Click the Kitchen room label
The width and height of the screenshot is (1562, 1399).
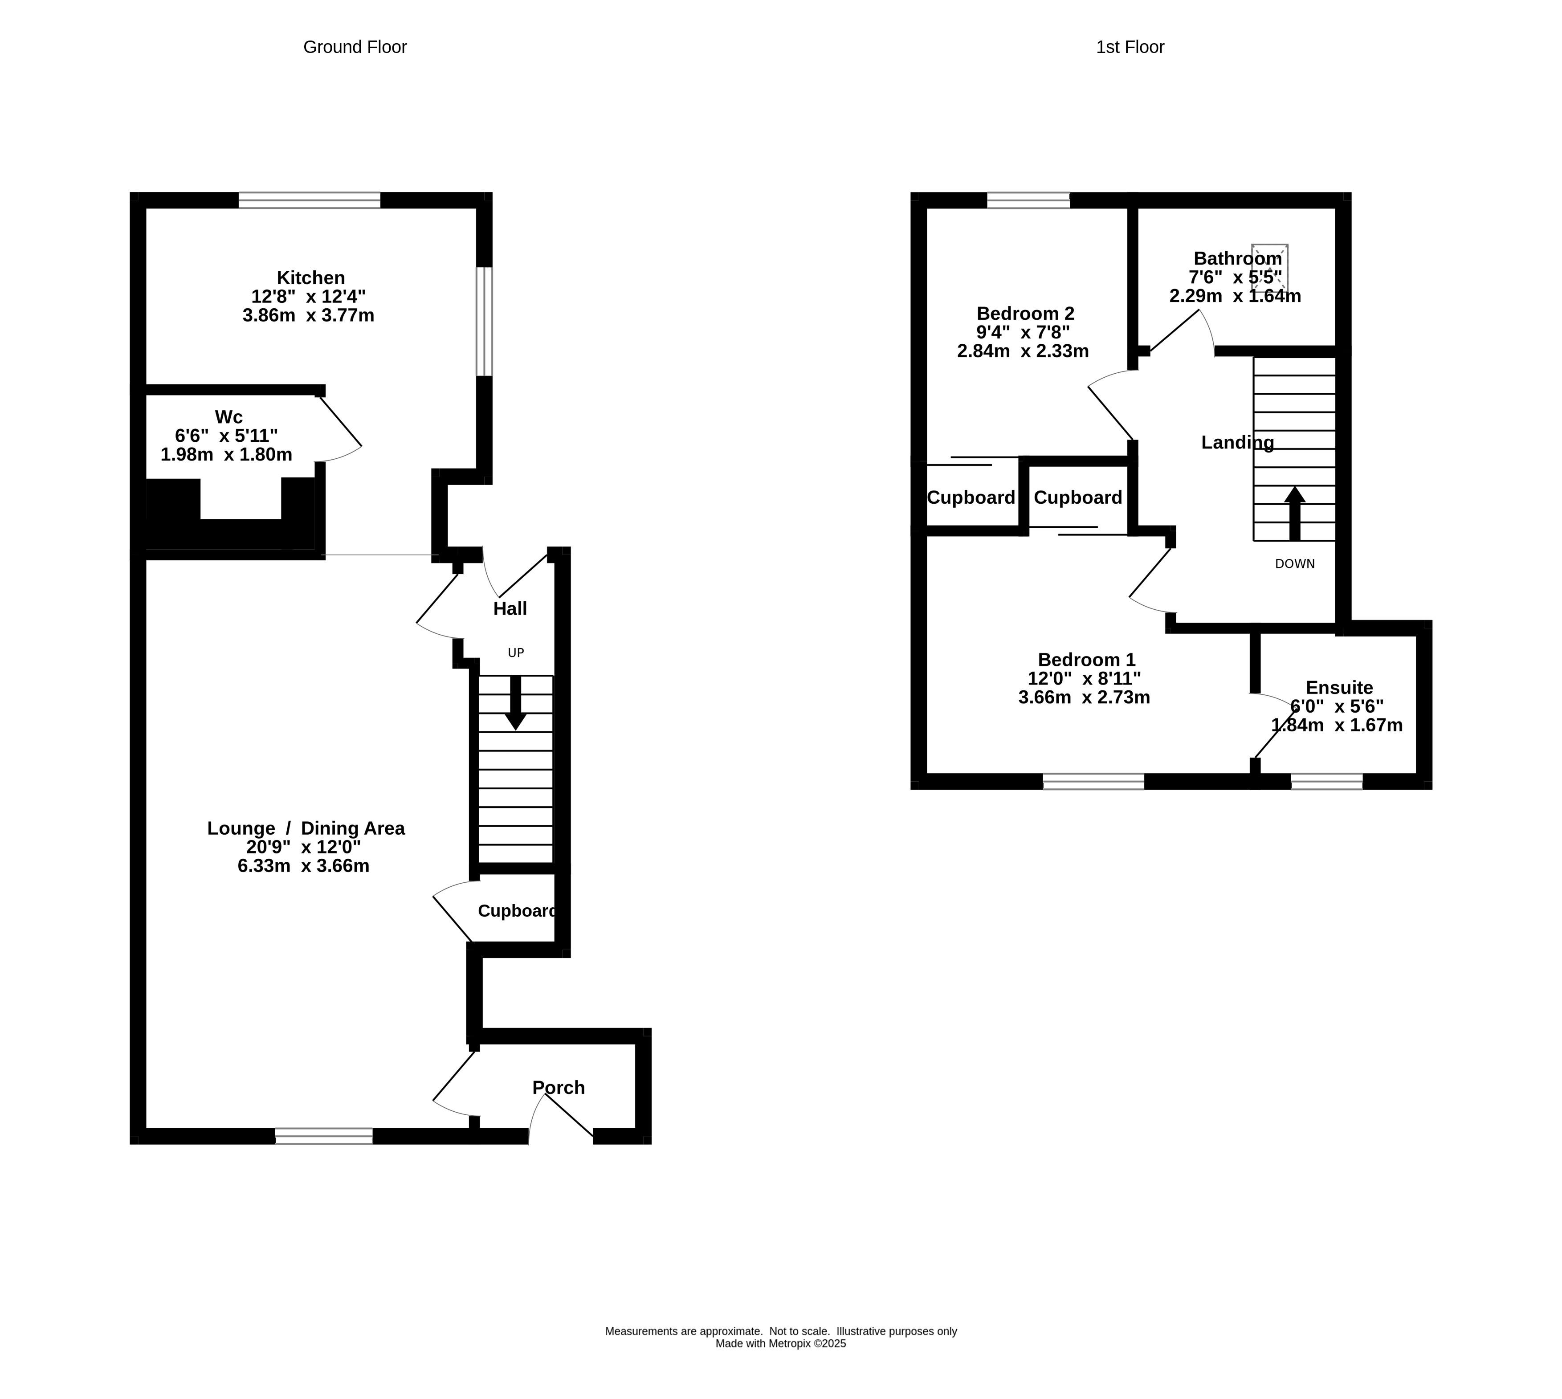tap(310, 277)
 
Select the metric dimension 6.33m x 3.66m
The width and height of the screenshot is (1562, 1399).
tap(304, 866)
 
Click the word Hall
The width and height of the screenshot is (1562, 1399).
tap(510, 609)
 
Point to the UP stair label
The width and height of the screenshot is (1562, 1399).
tap(516, 653)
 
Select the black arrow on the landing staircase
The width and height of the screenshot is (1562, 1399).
tap(1294, 514)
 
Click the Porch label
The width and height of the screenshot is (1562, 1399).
tap(559, 1088)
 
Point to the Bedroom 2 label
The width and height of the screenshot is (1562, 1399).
tap(1025, 314)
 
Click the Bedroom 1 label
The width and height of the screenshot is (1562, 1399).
tap(1086, 660)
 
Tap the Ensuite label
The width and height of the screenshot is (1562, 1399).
tap(1339, 688)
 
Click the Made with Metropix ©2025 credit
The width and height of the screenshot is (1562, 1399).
tap(781, 1344)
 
